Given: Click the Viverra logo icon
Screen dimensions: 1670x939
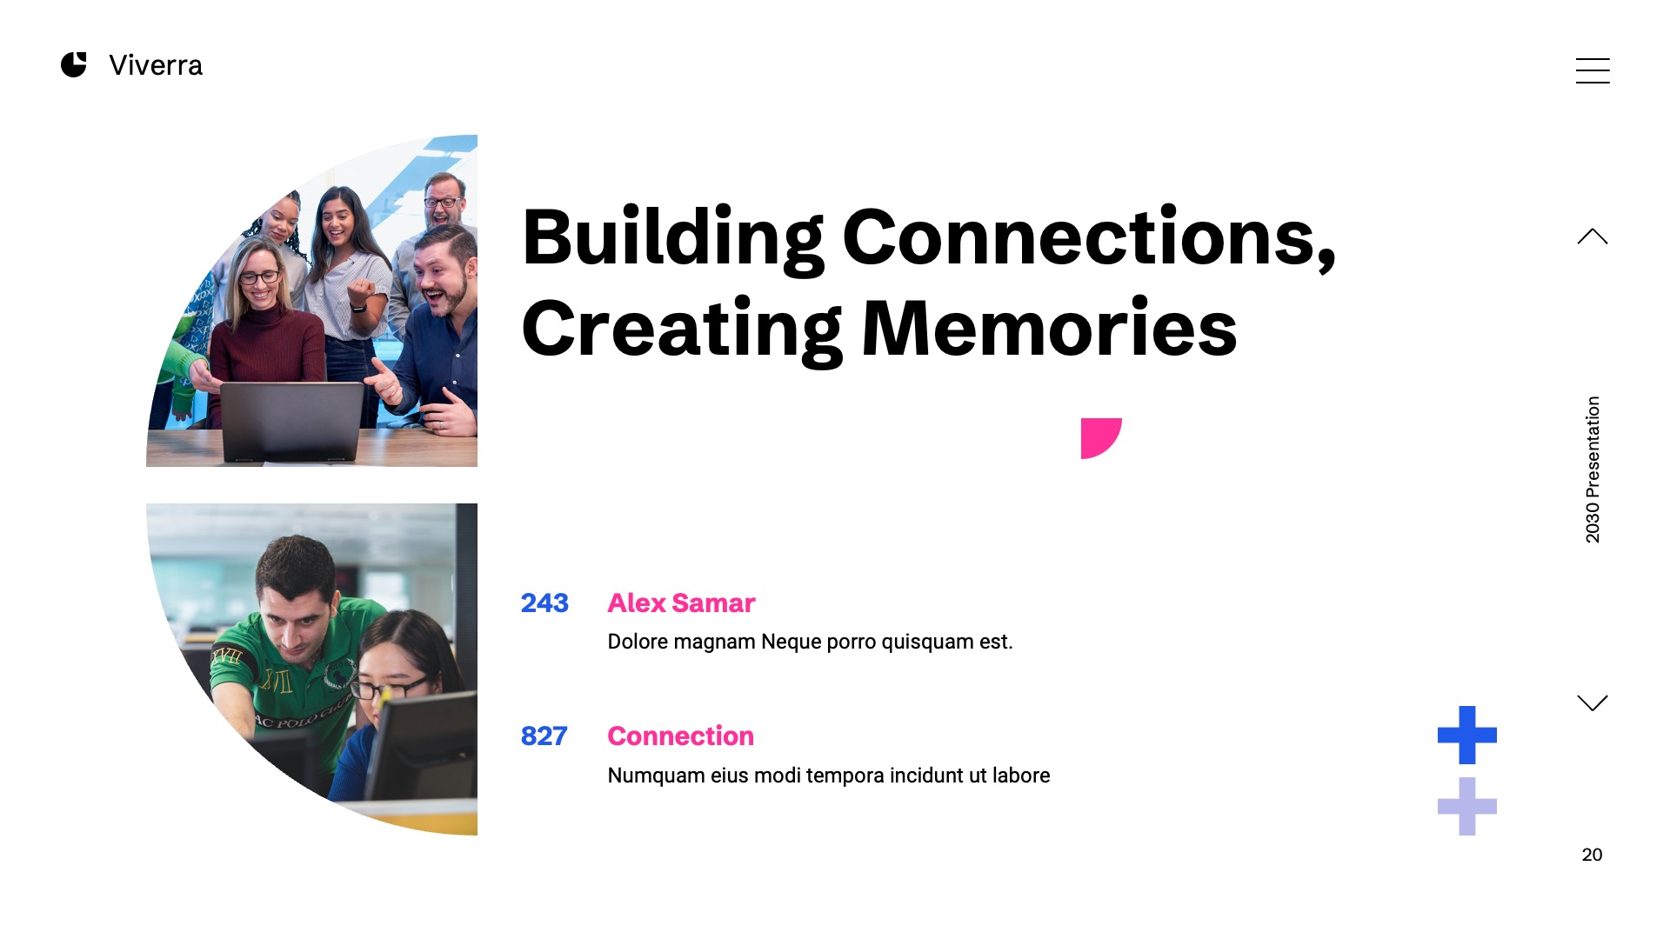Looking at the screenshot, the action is pyautogui.click(x=73, y=64).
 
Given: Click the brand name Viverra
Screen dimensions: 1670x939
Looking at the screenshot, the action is pyautogui.click(x=156, y=65).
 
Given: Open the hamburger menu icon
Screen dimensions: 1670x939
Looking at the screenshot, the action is pyautogui.click(x=1593, y=70).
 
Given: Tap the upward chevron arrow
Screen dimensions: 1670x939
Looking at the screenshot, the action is pyautogui.click(x=1593, y=236).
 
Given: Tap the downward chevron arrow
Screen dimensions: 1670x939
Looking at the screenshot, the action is pyautogui.click(x=1593, y=703).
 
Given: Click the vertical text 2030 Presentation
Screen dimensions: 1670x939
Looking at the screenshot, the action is pyautogui.click(x=1593, y=469).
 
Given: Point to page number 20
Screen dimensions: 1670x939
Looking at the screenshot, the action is pyautogui.click(x=1592, y=855).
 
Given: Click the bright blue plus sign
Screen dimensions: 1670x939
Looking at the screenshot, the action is pyautogui.click(x=1467, y=735).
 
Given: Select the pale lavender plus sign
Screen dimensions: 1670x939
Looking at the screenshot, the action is pyautogui.click(x=1467, y=806).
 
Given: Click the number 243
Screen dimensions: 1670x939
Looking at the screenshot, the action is pyautogui.click(x=544, y=603).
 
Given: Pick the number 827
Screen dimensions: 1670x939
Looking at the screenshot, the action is pyautogui.click(x=544, y=736).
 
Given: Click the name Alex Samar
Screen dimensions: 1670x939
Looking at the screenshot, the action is pyautogui.click(x=681, y=603).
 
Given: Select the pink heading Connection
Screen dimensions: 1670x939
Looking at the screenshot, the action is pyautogui.click(x=680, y=736).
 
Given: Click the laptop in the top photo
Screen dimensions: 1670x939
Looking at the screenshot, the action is pyautogui.click(x=291, y=423).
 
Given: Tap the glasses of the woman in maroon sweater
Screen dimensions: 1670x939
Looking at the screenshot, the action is pyautogui.click(x=259, y=277).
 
